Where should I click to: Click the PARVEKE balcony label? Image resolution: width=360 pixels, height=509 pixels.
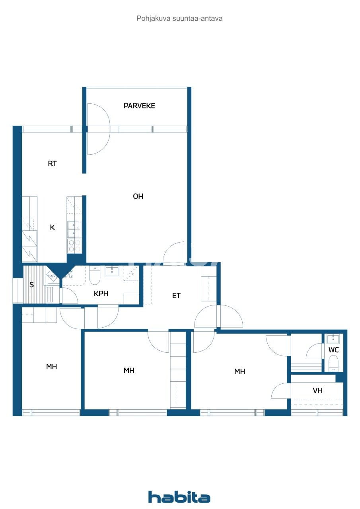[x=139, y=106]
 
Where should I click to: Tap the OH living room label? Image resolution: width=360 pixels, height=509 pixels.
[x=138, y=196]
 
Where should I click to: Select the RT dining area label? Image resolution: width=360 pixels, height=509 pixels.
[x=52, y=163]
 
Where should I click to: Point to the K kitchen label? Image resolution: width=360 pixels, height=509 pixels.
[x=52, y=227]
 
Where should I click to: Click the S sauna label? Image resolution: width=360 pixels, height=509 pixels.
[x=31, y=285]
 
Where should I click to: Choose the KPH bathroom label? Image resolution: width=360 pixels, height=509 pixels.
[x=101, y=294]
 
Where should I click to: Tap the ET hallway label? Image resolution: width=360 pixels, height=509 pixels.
[x=176, y=296]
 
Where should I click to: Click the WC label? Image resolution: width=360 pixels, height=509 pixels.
[x=334, y=350]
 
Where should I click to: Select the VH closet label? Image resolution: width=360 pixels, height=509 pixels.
[x=317, y=391]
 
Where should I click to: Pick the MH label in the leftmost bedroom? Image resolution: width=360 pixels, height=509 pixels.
[x=51, y=367]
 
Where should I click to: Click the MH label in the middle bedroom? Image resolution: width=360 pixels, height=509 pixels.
[x=129, y=371]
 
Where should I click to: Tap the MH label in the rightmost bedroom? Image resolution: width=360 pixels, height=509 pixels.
[x=239, y=372]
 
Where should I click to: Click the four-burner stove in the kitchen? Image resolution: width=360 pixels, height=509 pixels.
[x=74, y=246]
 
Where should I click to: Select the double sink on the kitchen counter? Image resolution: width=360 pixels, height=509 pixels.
[x=73, y=229]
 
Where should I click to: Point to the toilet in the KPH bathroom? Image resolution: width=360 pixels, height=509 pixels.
[x=95, y=276]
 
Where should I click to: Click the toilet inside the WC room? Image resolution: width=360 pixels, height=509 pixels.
[x=333, y=363]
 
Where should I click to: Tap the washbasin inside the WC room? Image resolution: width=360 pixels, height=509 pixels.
[x=333, y=339]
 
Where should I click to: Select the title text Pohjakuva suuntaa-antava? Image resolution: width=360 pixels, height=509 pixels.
[x=179, y=18]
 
